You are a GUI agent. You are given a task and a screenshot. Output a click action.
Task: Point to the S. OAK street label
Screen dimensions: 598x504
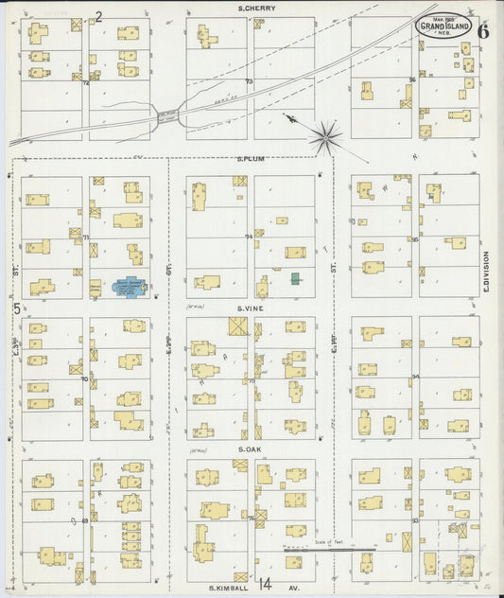[250, 448]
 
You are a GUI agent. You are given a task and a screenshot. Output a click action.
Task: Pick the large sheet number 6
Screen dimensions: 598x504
[483, 30]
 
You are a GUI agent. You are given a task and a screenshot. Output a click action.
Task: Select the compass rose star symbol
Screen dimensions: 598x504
[324, 138]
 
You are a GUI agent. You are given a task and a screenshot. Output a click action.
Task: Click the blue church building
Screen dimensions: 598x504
[126, 285]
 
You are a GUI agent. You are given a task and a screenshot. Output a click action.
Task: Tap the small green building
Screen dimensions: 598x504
[296, 278]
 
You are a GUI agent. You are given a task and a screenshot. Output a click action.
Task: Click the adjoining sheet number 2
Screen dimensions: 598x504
[99, 16]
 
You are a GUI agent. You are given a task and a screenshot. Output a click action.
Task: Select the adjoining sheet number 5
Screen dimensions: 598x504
[16, 308]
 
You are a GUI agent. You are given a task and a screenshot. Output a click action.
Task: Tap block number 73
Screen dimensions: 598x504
[250, 82]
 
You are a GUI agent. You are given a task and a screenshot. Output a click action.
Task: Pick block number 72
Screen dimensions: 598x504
[85, 83]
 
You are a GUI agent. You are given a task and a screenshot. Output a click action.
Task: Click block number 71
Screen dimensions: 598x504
[85, 237]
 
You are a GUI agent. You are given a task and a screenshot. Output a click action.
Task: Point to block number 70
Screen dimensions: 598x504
[84, 379]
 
